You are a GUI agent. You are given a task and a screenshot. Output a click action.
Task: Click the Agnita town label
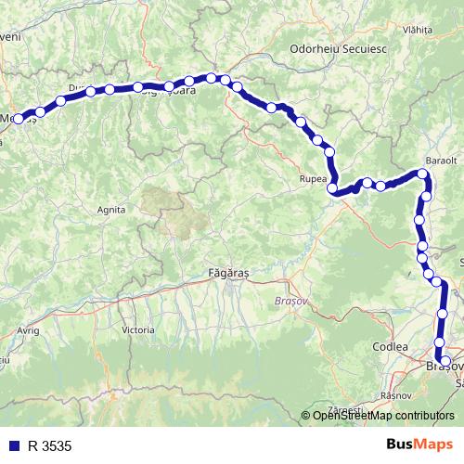point(110,210)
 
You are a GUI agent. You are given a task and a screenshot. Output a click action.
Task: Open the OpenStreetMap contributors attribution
point(383,416)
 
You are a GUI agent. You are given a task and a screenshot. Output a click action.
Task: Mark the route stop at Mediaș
point(19,119)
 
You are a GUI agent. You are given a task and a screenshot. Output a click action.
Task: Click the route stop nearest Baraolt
point(424,174)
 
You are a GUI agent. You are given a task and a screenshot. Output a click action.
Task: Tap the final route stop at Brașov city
point(445,361)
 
